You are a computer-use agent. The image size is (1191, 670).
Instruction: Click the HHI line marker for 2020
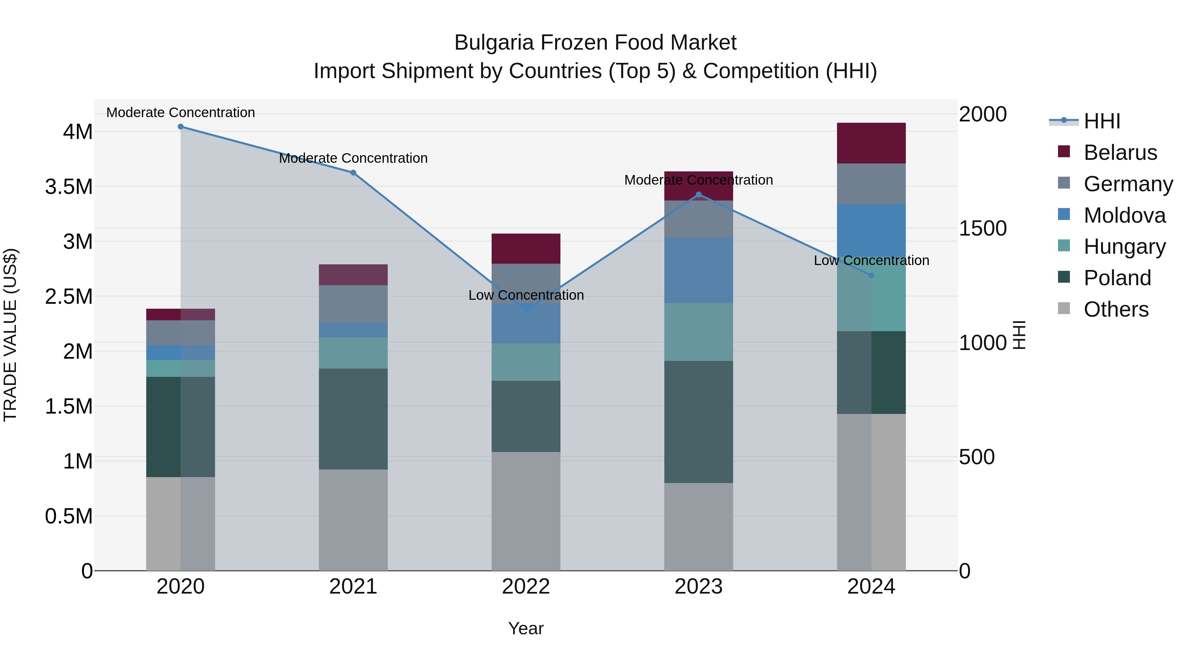181,127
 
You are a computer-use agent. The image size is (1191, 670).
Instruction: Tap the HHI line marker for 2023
699,195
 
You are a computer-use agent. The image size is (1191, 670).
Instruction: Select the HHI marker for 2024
871,276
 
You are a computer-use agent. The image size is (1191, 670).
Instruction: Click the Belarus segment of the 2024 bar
871,143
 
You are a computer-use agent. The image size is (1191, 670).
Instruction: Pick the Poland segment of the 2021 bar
353,419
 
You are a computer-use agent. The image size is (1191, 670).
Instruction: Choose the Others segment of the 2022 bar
526,511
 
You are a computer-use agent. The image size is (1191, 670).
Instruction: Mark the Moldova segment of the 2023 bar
699,271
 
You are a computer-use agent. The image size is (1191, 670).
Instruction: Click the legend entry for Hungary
1125,246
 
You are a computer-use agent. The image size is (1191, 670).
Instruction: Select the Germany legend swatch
1064,183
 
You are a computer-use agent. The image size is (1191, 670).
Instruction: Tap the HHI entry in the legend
1102,121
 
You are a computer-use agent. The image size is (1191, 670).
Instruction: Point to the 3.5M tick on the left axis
69,187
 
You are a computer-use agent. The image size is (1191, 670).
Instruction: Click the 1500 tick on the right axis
983,228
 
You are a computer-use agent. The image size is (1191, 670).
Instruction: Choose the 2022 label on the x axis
526,587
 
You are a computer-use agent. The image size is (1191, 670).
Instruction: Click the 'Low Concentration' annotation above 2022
526,295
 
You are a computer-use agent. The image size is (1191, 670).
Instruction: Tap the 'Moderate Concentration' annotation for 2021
353,158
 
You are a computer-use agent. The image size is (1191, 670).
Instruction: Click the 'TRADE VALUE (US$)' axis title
11,335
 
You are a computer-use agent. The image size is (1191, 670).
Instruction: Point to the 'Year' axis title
526,628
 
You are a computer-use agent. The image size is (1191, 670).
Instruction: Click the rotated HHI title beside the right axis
1019,335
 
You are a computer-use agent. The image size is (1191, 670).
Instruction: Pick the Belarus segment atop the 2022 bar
526,249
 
